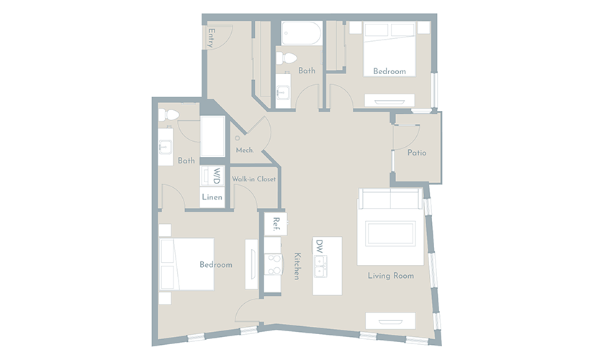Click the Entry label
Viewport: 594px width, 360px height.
click(x=212, y=38)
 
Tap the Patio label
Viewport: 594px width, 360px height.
click(x=417, y=153)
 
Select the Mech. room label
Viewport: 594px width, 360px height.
click(x=245, y=150)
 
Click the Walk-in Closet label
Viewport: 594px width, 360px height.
click(x=254, y=179)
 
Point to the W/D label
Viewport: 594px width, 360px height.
click(x=216, y=176)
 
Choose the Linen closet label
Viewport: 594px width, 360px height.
click(x=212, y=197)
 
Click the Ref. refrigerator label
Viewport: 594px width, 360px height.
click(x=276, y=224)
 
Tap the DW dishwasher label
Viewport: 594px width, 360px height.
click(x=320, y=247)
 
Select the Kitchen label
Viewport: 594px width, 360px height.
click(x=297, y=266)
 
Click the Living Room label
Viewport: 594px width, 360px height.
click(x=390, y=276)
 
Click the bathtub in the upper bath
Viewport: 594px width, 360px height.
click(x=302, y=33)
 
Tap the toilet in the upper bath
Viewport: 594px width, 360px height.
click(x=286, y=58)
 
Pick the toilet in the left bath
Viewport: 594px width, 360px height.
click(x=168, y=114)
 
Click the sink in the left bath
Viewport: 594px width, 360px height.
click(x=165, y=147)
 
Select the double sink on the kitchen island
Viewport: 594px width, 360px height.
click(x=320, y=266)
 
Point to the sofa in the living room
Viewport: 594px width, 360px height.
click(x=390, y=198)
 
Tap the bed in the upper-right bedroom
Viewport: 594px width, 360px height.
click(x=390, y=49)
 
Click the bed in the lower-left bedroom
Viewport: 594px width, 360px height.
click(x=186, y=264)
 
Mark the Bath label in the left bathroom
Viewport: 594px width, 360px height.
click(x=186, y=161)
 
